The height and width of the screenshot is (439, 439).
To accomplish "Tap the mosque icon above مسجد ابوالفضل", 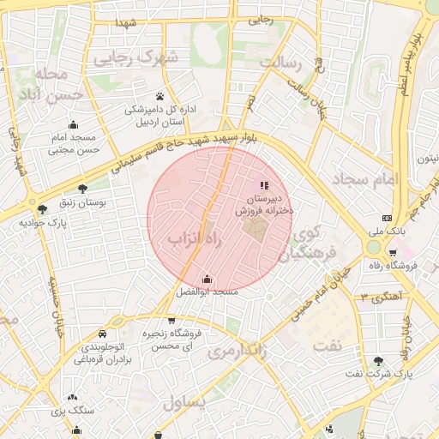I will point(207,279).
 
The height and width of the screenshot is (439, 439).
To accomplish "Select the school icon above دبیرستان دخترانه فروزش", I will point(264,185).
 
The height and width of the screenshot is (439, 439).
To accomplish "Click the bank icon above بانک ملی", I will point(387,218).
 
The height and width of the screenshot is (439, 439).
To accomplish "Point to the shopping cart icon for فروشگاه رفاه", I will point(393,252).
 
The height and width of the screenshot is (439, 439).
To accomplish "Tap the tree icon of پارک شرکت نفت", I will point(379,361).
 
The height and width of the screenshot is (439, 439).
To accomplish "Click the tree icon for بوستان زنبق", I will point(82,189).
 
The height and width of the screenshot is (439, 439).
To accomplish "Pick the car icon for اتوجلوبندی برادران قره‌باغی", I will point(102,333).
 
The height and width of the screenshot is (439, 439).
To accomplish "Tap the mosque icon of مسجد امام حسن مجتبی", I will point(73,124).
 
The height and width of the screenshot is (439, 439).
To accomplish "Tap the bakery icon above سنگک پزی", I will point(73,398).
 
